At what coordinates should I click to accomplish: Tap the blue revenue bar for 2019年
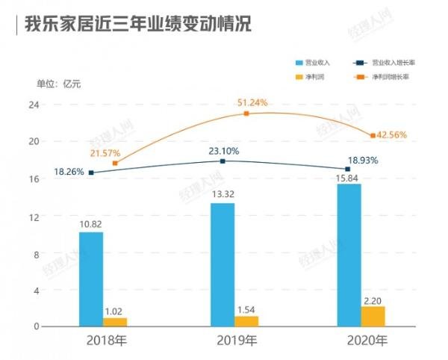click(x=222, y=265)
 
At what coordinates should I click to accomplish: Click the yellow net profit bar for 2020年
click(x=373, y=316)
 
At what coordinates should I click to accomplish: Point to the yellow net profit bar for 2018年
click(x=115, y=322)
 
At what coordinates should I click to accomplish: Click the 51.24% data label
click(x=252, y=102)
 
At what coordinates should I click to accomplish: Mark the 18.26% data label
click(x=69, y=172)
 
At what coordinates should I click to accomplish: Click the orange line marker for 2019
click(x=246, y=114)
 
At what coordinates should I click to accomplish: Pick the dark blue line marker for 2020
click(x=347, y=169)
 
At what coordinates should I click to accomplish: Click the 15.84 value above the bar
click(x=349, y=176)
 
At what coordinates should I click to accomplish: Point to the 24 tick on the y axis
click(x=33, y=105)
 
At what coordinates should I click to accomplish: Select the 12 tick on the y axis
click(x=33, y=216)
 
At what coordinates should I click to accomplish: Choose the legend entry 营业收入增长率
click(x=393, y=63)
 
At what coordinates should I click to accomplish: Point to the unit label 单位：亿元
click(x=59, y=83)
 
